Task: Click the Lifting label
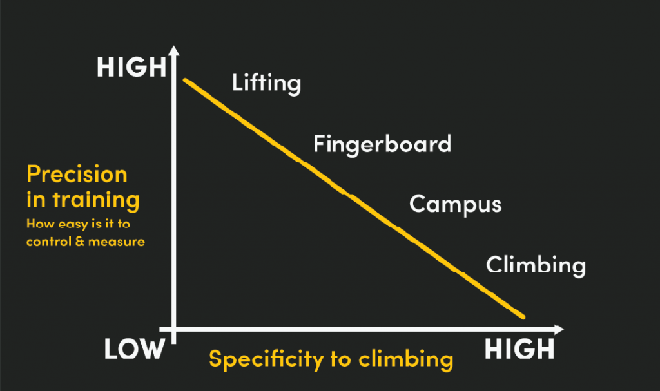tap(266, 83)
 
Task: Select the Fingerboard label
tap(382, 145)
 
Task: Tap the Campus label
tap(456, 205)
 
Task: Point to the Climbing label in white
tap(536, 265)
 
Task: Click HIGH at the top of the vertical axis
tap(131, 67)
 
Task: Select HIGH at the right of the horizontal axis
tap(519, 349)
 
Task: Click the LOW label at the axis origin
tap(134, 349)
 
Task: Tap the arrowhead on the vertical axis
tap(174, 50)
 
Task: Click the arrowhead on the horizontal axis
tap(559, 330)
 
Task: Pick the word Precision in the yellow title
tap(77, 175)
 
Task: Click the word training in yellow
tap(96, 200)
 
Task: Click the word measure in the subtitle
tap(117, 242)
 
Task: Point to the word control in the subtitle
tap(49, 242)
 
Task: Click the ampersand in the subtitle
tap(80, 242)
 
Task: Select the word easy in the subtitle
tap(73, 224)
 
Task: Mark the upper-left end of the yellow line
tap(185, 80)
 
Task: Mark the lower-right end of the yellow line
tap(523, 317)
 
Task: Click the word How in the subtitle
tap(41, 224)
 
